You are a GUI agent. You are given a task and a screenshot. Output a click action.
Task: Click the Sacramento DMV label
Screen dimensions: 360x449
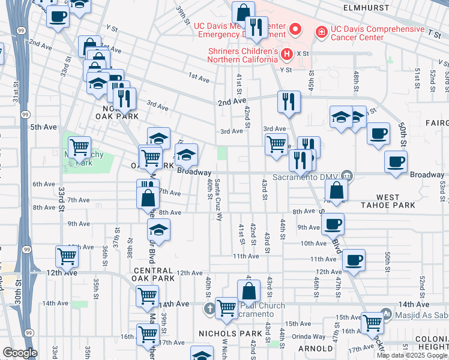point(306,177)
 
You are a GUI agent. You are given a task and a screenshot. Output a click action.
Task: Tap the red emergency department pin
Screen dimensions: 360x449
point(295,28)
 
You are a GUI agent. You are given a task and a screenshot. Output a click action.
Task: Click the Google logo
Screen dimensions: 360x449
point(20,352)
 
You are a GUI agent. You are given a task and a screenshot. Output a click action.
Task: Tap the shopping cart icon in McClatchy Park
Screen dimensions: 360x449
point(79,146)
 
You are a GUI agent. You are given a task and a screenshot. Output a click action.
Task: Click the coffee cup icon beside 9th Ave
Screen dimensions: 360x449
point(333,223)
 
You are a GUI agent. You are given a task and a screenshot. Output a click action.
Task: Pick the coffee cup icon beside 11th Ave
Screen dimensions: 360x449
point(354,259)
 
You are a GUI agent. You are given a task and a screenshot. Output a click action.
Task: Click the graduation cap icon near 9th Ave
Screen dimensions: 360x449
point(158,229)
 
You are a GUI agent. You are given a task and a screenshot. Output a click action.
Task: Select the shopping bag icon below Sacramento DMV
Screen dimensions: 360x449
point(337,190)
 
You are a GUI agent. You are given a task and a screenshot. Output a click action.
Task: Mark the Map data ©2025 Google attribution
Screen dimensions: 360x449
point(412,355)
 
